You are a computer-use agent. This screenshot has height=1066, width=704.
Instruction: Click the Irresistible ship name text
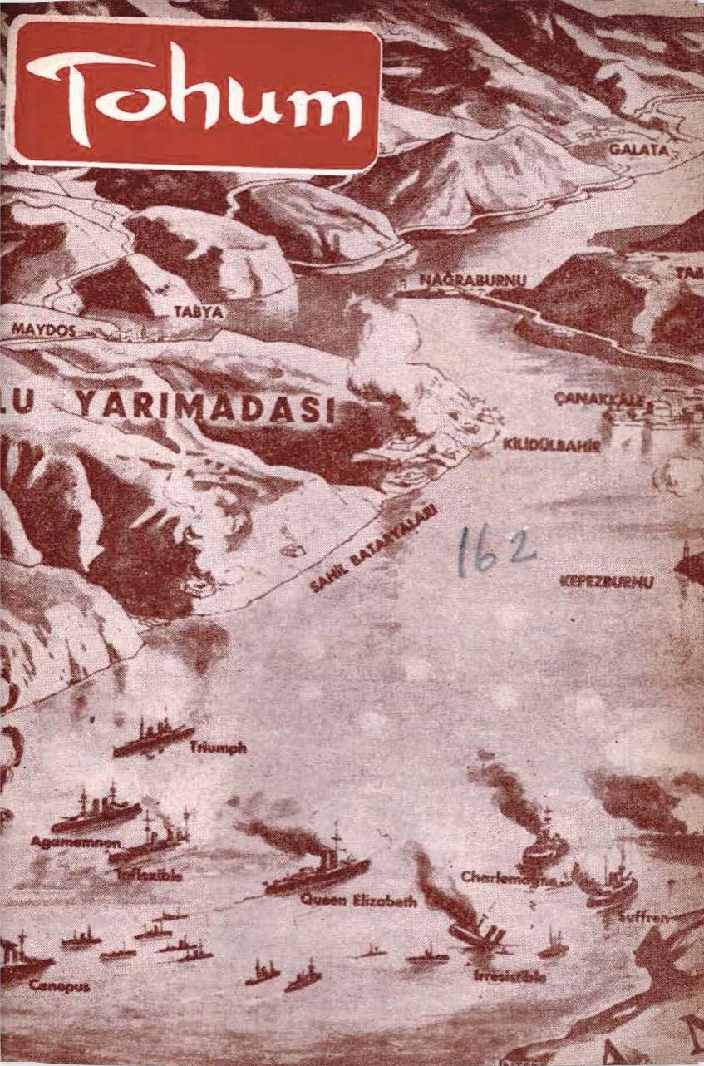pyautogui.click(x=510, y=977)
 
